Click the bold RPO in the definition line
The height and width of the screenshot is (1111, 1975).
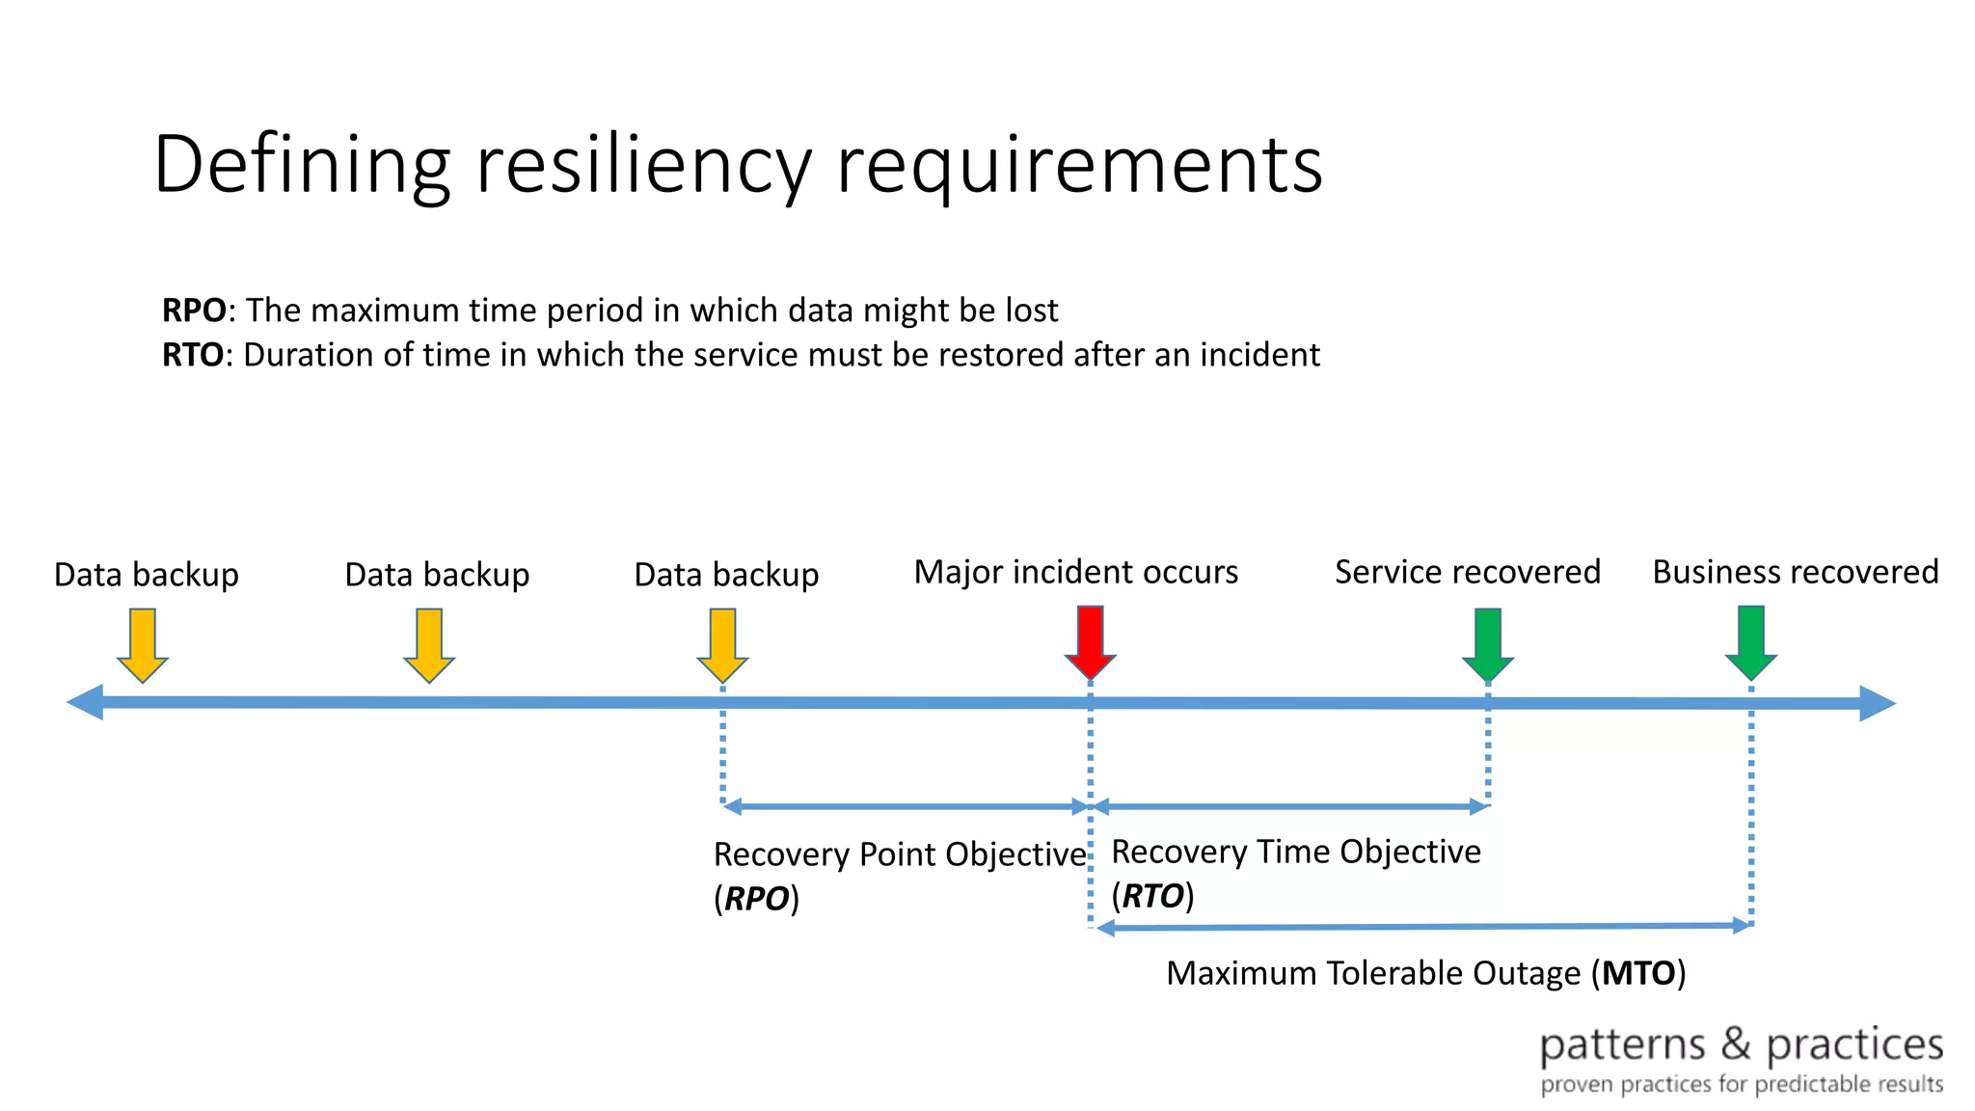click(x=193, y=311)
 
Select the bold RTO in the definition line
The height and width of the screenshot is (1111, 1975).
click(x=192, y=355)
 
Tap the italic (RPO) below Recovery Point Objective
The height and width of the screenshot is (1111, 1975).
click(x=756, y=899)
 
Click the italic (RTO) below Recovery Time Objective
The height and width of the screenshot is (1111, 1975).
click(x=1152, y=896)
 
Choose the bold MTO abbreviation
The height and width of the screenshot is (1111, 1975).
click(x=1638, y=973)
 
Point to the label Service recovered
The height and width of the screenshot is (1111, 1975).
click(x=1467, y=572)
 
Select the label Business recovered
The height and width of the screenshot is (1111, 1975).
click(x=1795, y=572)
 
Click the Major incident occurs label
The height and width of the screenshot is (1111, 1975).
click(x=1075, y=572)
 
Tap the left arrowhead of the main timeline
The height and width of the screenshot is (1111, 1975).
click(x=85, y=702)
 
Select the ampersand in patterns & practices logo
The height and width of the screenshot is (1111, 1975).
click(x=1735, y=1044)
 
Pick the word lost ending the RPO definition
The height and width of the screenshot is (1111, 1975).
click(x=1032, y=311)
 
